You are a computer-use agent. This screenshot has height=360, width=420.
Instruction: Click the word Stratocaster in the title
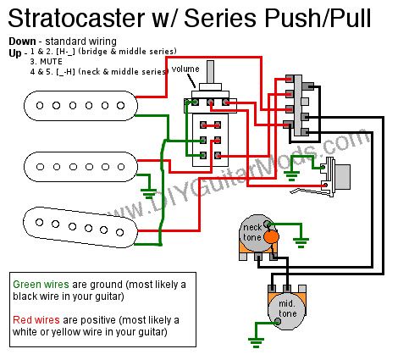click(77, 18)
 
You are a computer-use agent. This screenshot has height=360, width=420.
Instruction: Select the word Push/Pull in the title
click(318, 19)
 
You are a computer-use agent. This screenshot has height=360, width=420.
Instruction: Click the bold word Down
click(22, 42)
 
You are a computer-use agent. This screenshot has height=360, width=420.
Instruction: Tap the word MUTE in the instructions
click(51, 62)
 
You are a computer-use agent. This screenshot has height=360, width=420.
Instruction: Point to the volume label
click(185, 69)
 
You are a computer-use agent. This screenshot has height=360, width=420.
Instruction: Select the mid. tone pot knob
click(286, 311)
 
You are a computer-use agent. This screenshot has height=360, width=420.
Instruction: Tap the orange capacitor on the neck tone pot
click(271, 237)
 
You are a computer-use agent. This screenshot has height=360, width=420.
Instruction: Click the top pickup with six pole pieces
click(80, 106)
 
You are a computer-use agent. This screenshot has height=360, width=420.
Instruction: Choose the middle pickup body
click(80, 167)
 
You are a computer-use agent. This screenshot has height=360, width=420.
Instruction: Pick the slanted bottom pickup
click(80, 228)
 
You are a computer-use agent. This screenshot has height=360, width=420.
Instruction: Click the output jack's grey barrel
click(342, 177)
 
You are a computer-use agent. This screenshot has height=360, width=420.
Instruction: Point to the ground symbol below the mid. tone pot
click(256, 342)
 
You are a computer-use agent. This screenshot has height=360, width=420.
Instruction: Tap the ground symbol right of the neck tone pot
click(301, 243)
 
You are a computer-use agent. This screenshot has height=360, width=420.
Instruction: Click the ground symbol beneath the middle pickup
click(148, 194)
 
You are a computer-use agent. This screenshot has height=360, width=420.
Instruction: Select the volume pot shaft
click(210, 72)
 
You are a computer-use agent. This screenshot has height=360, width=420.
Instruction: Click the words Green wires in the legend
click(41, 285)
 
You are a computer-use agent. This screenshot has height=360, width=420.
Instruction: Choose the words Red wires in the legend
click(36, 320)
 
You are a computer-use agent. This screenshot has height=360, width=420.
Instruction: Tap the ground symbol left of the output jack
click(291, 176)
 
